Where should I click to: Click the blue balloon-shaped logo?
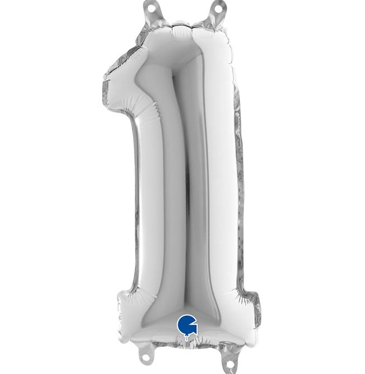pos(187,324)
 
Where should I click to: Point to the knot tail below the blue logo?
pos(187,337)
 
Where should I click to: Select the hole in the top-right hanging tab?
pos(218,8)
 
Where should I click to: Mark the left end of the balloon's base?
pos(118,317)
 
